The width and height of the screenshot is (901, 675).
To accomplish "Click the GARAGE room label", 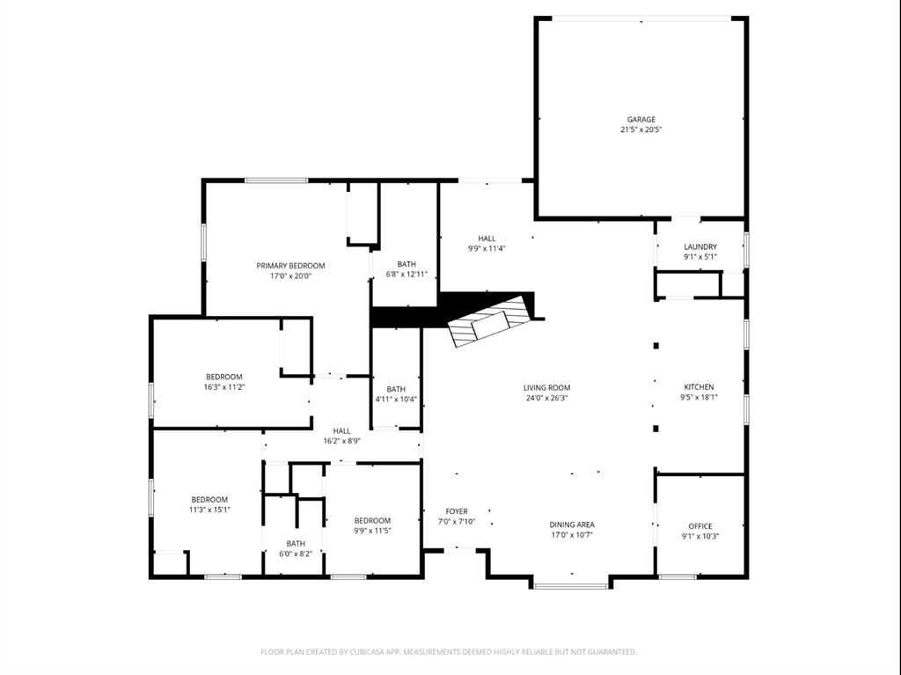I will coord(641,120).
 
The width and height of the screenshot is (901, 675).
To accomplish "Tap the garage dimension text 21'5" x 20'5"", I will coord(641,130).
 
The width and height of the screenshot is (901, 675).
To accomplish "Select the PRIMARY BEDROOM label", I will coord(290,266).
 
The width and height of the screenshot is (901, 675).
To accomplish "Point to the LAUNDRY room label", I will coord(700,247).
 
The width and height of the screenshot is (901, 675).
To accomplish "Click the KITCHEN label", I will coord(700,387).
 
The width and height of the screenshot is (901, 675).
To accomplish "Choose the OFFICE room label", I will coord(700,526).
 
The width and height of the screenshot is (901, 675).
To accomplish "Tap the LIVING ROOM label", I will coord(546,387).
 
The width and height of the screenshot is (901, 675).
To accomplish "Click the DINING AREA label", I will coord(572,525).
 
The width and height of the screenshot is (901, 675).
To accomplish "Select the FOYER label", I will coord(457,511).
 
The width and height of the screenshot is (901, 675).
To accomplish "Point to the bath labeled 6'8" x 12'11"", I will coord(407,269).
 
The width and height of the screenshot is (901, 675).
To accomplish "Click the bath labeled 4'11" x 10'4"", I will coord(396,394).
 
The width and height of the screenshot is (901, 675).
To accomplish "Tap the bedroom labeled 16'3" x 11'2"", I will coord(223,382).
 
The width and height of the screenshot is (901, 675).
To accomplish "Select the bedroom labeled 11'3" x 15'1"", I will coord(209,504).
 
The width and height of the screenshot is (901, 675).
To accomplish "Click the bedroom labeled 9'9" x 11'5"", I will coord(372,525).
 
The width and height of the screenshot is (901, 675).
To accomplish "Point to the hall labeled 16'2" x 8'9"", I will coord(341,436).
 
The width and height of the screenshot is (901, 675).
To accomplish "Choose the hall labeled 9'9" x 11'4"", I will coord(487,243).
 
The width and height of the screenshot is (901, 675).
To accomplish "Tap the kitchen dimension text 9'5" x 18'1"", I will coord(700,397).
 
